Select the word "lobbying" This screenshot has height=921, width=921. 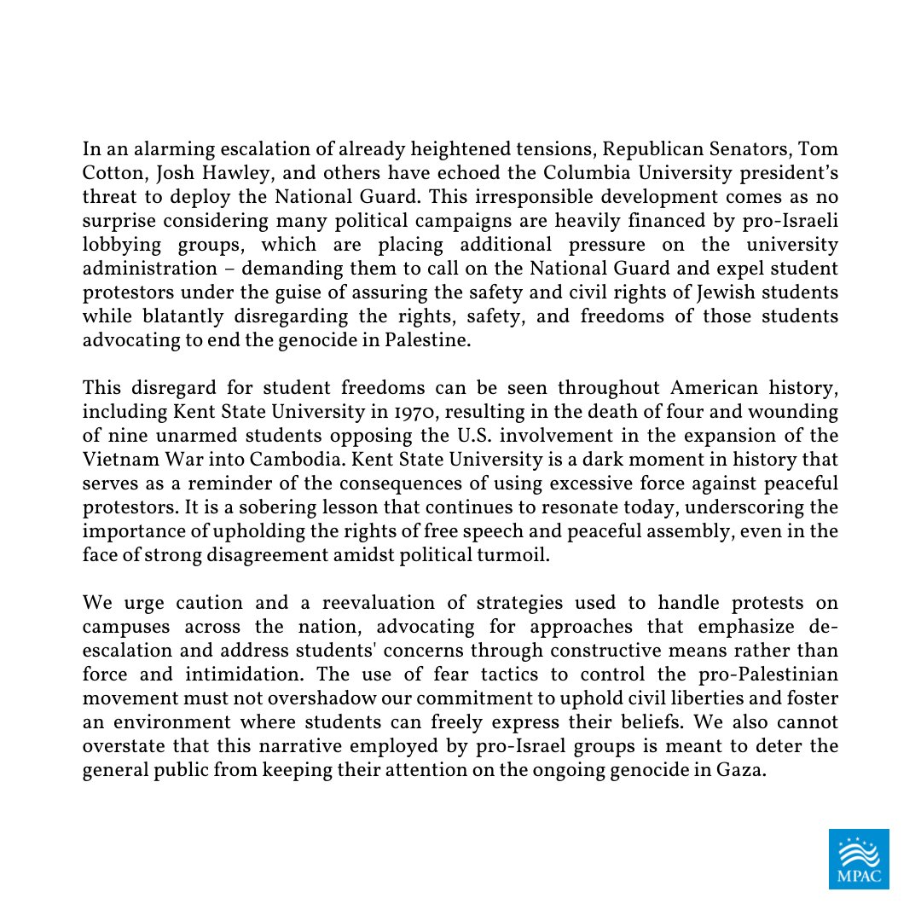click(x=117, y=245)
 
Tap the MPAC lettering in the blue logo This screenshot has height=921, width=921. click(x=859, y=876)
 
